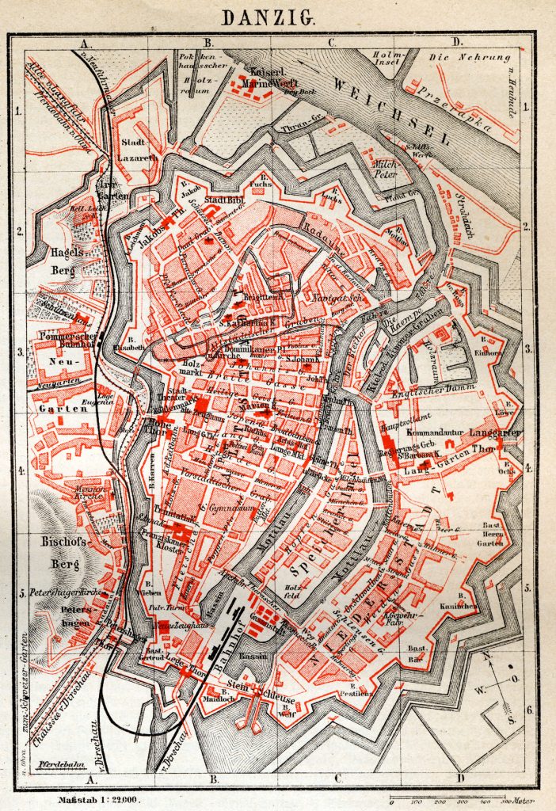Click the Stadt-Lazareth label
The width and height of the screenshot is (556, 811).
(139, 150)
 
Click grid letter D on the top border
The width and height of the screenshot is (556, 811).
(456, 42)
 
